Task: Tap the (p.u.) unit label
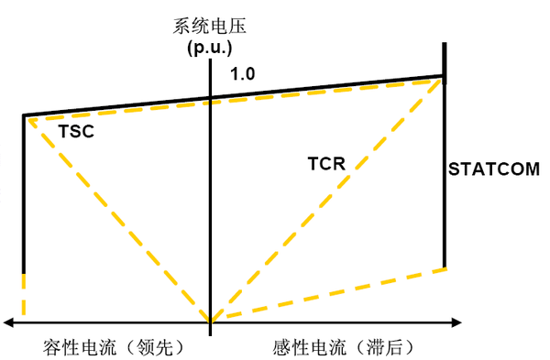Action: tap(210, 46)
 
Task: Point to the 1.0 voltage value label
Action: tap(243, 73)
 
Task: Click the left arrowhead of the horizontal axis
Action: tap(7, 322)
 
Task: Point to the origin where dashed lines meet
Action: tap(211, 321)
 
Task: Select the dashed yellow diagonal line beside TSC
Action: tap(119, 220)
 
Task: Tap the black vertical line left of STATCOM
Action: tap(445, 183)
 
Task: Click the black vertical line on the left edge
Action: tap(23, 192)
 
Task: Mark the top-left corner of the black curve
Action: tap(24, 115)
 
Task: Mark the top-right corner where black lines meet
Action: tap(445, 77)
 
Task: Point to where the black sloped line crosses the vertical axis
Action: tap(211, 96)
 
